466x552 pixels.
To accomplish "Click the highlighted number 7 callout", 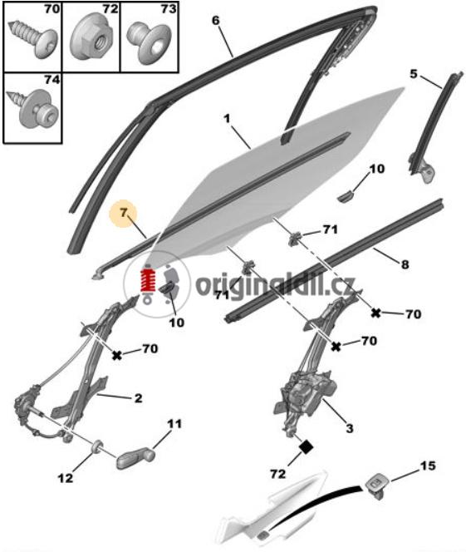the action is point(123,214).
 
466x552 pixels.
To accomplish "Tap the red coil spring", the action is point(148,281).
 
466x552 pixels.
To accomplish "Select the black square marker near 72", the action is point(306,447).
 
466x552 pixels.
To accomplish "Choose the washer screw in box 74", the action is point(34,108).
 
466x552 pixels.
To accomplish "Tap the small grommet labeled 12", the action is point(96,446).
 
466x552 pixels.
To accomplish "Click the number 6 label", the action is point(215,21).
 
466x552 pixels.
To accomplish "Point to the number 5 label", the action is point(414,74).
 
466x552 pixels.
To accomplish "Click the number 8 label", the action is point(405,264).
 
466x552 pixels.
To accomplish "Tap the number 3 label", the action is point(349,428).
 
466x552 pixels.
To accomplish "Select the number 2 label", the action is point(138,398).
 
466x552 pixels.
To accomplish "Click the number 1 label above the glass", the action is point(227,118).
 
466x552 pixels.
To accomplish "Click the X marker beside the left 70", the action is point(117,355).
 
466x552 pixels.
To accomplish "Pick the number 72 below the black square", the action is point(277,474).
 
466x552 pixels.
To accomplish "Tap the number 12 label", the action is point(66,478).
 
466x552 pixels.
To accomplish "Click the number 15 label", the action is point(428,466).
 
